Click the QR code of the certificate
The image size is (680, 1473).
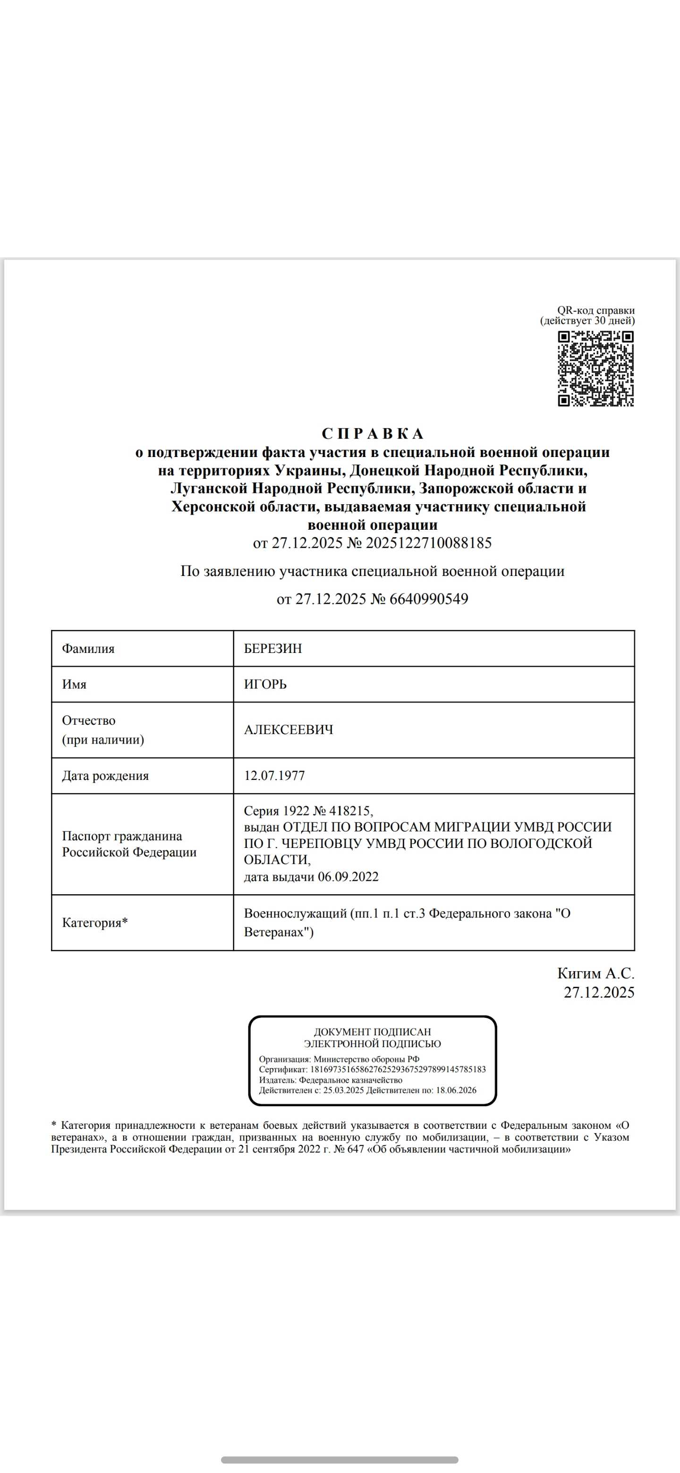click(595, 369)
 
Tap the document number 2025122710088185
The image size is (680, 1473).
click(428, 542)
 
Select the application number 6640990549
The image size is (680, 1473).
click(428, 599)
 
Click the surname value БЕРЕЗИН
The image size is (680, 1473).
click(273, 648)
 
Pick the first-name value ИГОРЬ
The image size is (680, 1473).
click(265, 684)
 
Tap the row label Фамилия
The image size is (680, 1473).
click(88, 648)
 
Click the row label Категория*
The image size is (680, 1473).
click(95, 923)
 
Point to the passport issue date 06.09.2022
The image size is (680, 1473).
click(348, 877)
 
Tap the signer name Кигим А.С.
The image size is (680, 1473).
click(595, 973)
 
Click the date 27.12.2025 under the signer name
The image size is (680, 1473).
click(599, 992)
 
